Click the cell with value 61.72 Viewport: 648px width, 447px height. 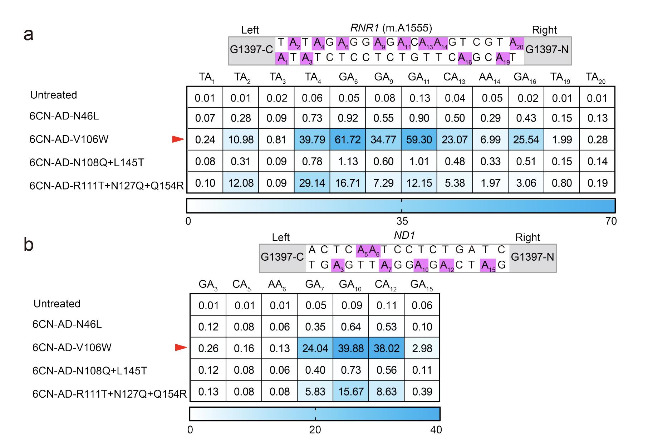[348, 139]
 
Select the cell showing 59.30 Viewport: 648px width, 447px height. [419, 139]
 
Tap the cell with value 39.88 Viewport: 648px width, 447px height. [350, 348]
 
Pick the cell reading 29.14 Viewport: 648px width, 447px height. [312, 183]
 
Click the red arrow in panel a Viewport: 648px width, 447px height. [177, 139]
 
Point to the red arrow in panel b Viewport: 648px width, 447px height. [181, 348]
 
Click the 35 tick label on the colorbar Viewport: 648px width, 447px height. [402, 221]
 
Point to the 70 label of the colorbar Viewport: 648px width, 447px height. [611, 221]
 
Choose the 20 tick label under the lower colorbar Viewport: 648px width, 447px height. [315, 429]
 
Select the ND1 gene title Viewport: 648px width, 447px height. [404, 235]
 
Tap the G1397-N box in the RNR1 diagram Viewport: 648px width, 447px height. [547, 50]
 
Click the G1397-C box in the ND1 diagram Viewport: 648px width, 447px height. [282, 257]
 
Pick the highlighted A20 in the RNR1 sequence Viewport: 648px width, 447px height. [516, 43]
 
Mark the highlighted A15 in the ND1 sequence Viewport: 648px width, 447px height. [488, 266]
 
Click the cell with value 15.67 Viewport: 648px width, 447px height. [350, 392]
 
